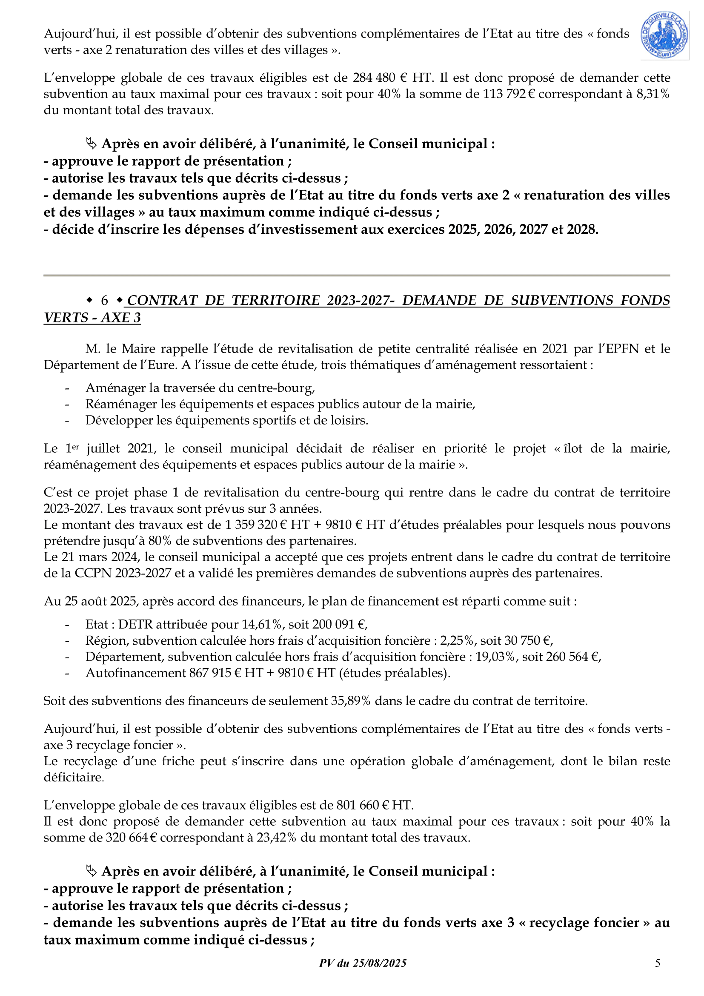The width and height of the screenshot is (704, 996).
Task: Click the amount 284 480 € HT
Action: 393,77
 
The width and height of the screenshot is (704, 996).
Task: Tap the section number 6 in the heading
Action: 104,300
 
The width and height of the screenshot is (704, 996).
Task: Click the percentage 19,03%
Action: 495,656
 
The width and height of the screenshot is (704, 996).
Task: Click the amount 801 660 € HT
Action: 375,805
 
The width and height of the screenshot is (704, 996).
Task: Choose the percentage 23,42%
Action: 276,837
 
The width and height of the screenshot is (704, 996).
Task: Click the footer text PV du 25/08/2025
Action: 363,963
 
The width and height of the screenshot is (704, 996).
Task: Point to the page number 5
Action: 658,963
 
